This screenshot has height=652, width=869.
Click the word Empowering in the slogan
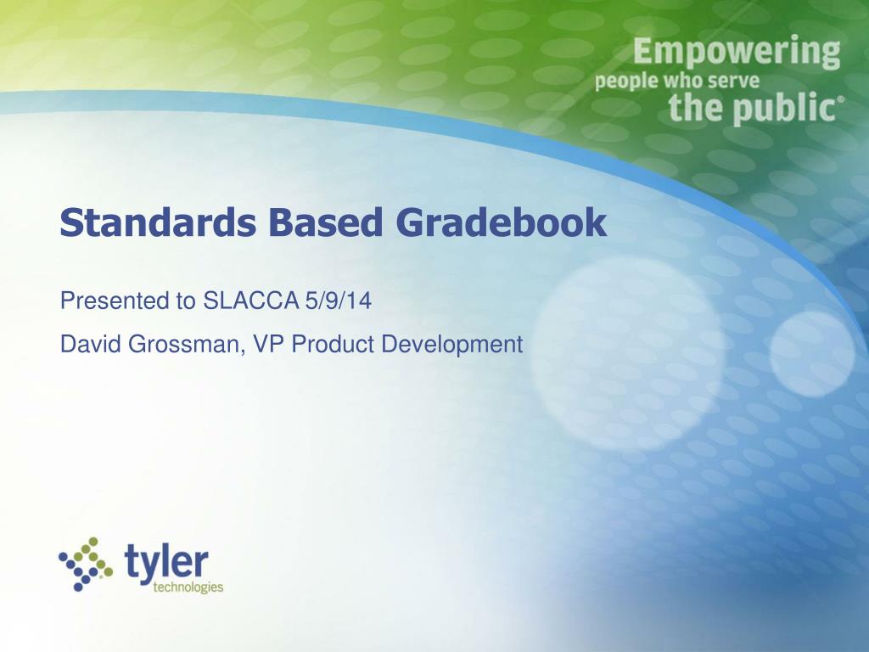point(736,53)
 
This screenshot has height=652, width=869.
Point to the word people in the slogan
point(625,82)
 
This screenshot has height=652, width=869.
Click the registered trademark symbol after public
point(842,99)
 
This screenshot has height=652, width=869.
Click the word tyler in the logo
point(166,561)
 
